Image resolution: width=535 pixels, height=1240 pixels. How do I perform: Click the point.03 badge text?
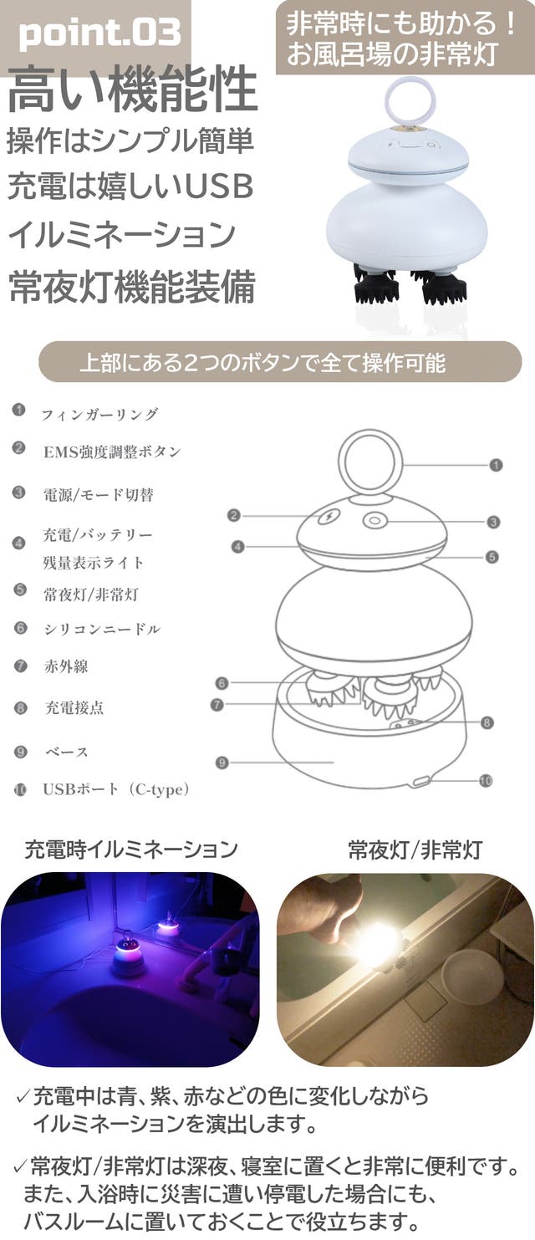coord(99,33)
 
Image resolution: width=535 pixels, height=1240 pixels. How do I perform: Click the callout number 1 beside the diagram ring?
coord(496,465)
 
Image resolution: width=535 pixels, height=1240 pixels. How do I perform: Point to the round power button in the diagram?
coord(374,521)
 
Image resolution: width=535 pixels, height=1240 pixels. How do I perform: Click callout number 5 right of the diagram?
coord(492,557)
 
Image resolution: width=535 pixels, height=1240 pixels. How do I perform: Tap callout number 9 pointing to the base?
coord(222,763)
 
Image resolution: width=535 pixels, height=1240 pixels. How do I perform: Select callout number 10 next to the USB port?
coord(485,780)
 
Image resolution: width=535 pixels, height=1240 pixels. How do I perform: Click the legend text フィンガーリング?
coord(99,414)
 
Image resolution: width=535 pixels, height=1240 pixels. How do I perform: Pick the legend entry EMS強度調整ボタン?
coord(112,452)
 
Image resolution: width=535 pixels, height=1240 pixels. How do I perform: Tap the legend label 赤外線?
coord(66,666)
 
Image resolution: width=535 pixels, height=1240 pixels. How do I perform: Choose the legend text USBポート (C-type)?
coord(116,789)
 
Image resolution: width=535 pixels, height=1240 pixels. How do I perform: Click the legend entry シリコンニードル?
coord(102,630)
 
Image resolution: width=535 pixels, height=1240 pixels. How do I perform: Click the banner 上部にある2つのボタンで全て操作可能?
coord(262,363)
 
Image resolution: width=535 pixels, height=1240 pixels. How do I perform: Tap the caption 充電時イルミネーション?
coord(132,850)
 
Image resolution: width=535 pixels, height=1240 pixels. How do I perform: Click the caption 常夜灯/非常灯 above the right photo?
coord(415,850)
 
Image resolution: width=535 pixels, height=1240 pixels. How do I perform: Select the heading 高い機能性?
coord(133,89)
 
